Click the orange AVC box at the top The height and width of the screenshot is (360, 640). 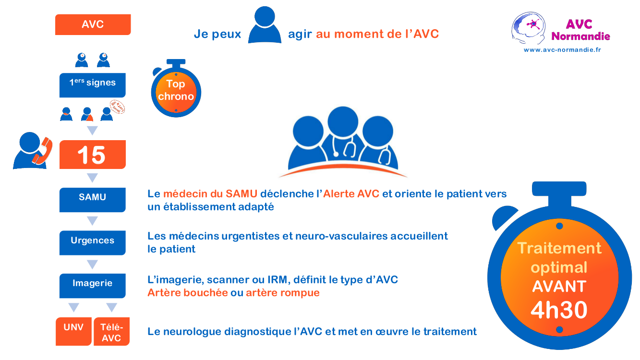click(x=93, y=24)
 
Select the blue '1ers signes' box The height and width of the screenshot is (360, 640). click(x=92, y=84)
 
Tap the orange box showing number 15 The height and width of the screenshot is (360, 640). click(x=92, y=155)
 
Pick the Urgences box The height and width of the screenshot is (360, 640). click(x=92, y=242)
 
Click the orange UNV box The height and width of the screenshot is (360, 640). click(x=73, y=331)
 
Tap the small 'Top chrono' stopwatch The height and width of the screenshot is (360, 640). click(x=176, y=90)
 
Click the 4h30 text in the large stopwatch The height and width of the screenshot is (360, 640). click(x=559, y=310)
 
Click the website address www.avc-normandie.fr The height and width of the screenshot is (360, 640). click(x=562, y=49)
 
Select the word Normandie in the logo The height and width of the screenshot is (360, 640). click(x=580, y=36)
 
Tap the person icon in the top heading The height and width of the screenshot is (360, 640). click(x=265, y=25)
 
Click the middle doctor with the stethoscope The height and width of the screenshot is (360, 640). click(x=342, y=132)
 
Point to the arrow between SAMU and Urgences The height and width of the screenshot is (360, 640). click(x=92, y=221)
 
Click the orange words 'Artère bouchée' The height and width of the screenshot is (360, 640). click(x=187, y=292)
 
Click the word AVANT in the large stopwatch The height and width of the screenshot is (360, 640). click(x=559, y=287)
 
